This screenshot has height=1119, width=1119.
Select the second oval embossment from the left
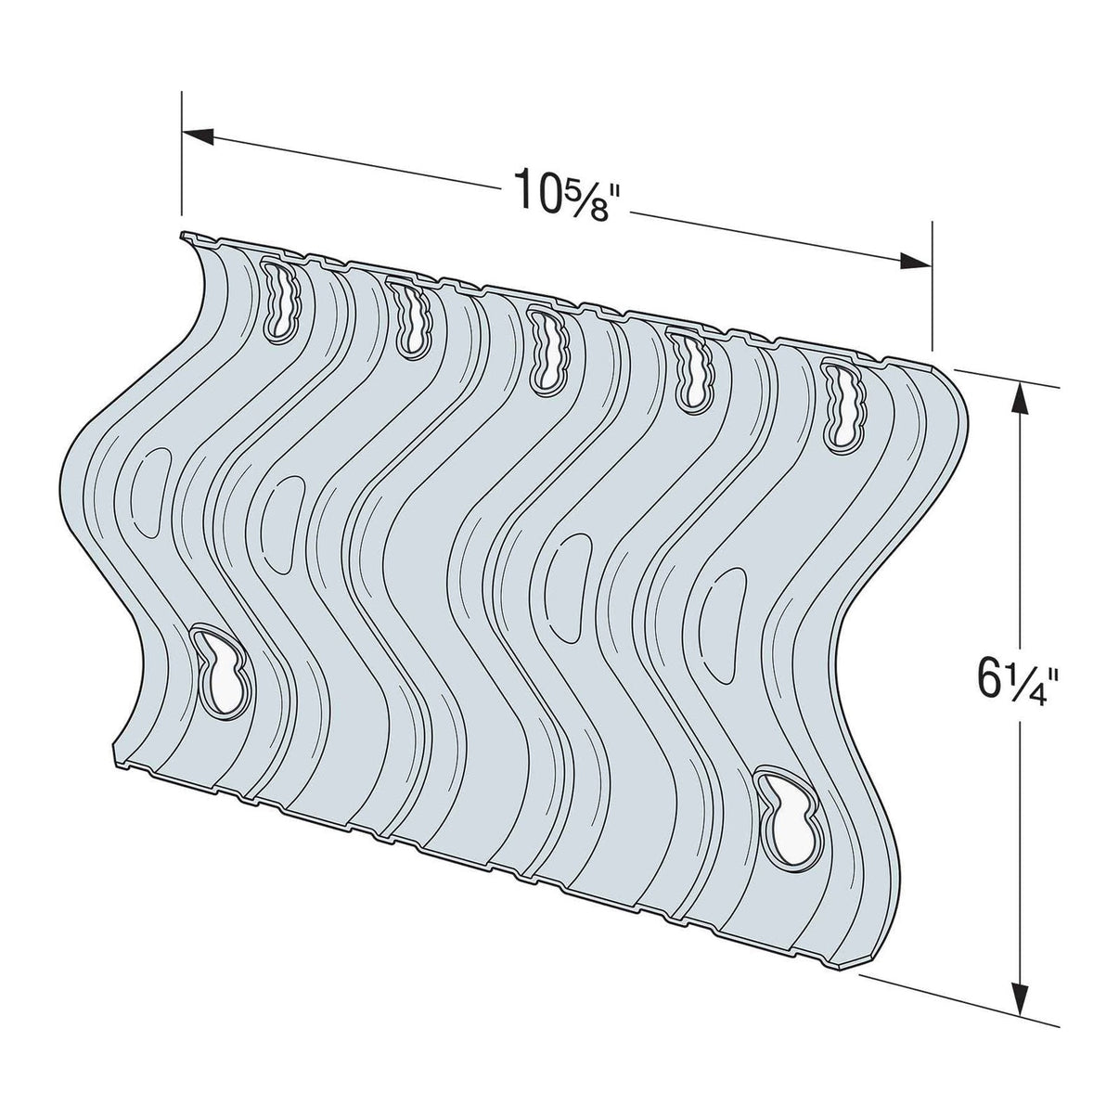279,524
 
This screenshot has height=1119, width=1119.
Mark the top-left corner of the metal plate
184,236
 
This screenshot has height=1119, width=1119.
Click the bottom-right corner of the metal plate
858,891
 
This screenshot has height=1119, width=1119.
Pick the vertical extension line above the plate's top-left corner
182,158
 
